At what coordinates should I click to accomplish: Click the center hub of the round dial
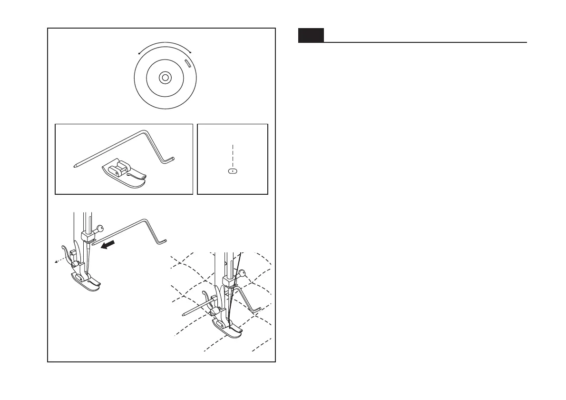[165, 77]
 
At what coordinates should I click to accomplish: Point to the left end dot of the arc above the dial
[139, 53]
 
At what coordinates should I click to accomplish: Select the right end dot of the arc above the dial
[190, 51]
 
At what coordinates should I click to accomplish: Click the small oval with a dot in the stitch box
[232, 170]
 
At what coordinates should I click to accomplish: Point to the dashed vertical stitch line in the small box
[232, 153]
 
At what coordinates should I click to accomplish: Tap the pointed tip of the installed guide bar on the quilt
[184, 314]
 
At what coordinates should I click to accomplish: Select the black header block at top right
[311, 36]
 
